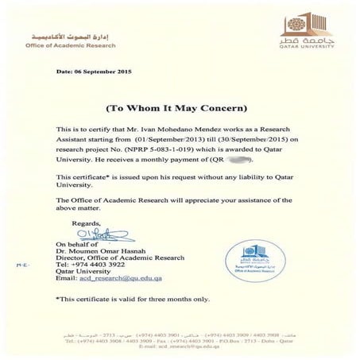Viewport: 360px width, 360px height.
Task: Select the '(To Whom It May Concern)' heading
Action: [x=180, y=106]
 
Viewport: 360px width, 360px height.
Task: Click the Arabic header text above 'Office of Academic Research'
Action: [x=72, y=35]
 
